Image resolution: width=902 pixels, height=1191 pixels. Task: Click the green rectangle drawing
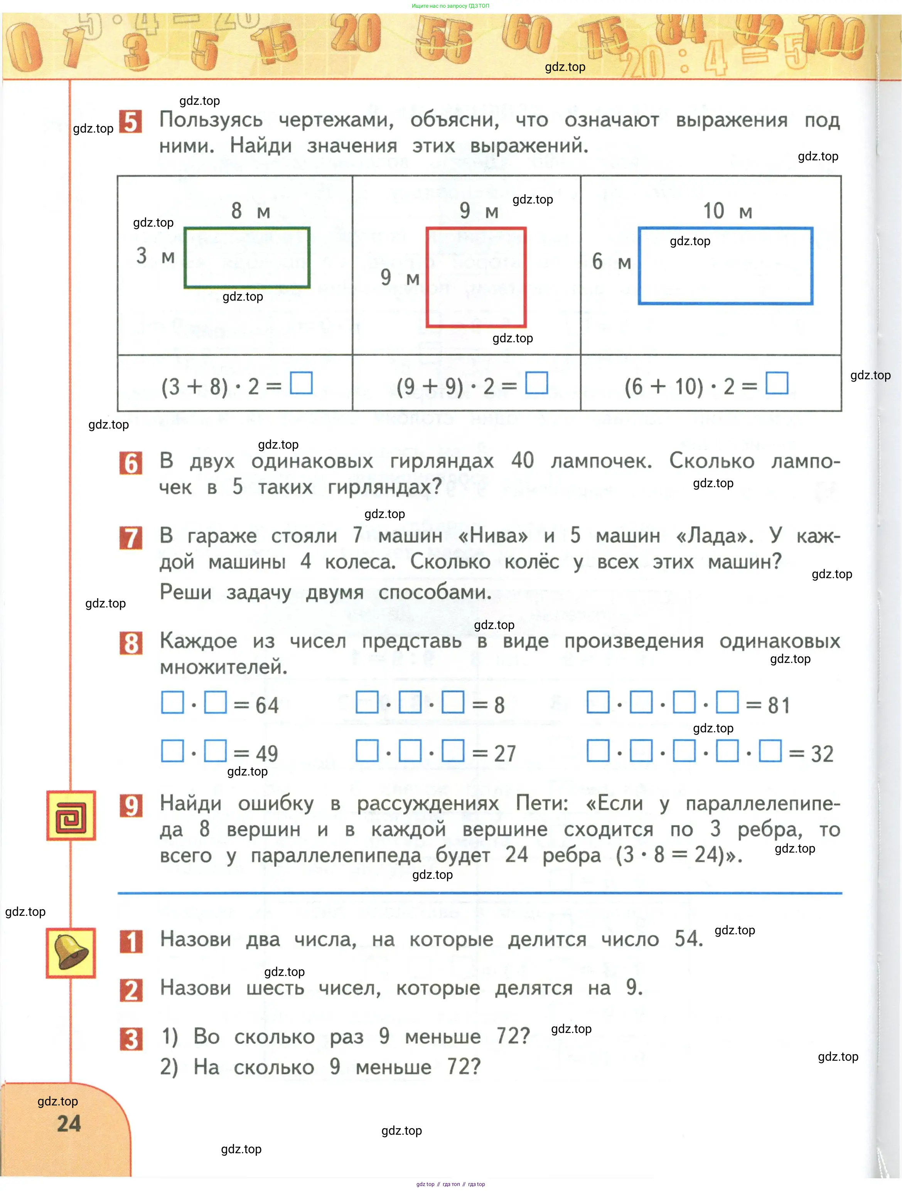point(247,257)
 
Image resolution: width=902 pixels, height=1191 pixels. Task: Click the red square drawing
point(476,277)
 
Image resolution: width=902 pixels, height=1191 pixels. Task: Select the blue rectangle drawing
point(725,266)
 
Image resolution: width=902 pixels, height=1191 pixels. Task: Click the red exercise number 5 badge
point(130,122)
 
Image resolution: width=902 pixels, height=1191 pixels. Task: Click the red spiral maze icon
point(71,815)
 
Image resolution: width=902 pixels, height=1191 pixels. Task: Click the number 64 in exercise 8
point(267,705)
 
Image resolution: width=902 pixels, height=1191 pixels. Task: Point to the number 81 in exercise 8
point(779,705)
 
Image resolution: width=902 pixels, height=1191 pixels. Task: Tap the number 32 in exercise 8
point(822,754)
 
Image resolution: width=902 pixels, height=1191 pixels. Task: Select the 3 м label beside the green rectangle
point(155,256)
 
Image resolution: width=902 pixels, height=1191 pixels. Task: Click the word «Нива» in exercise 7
point(492,536)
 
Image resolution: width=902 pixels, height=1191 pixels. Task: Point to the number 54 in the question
point(688,939)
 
